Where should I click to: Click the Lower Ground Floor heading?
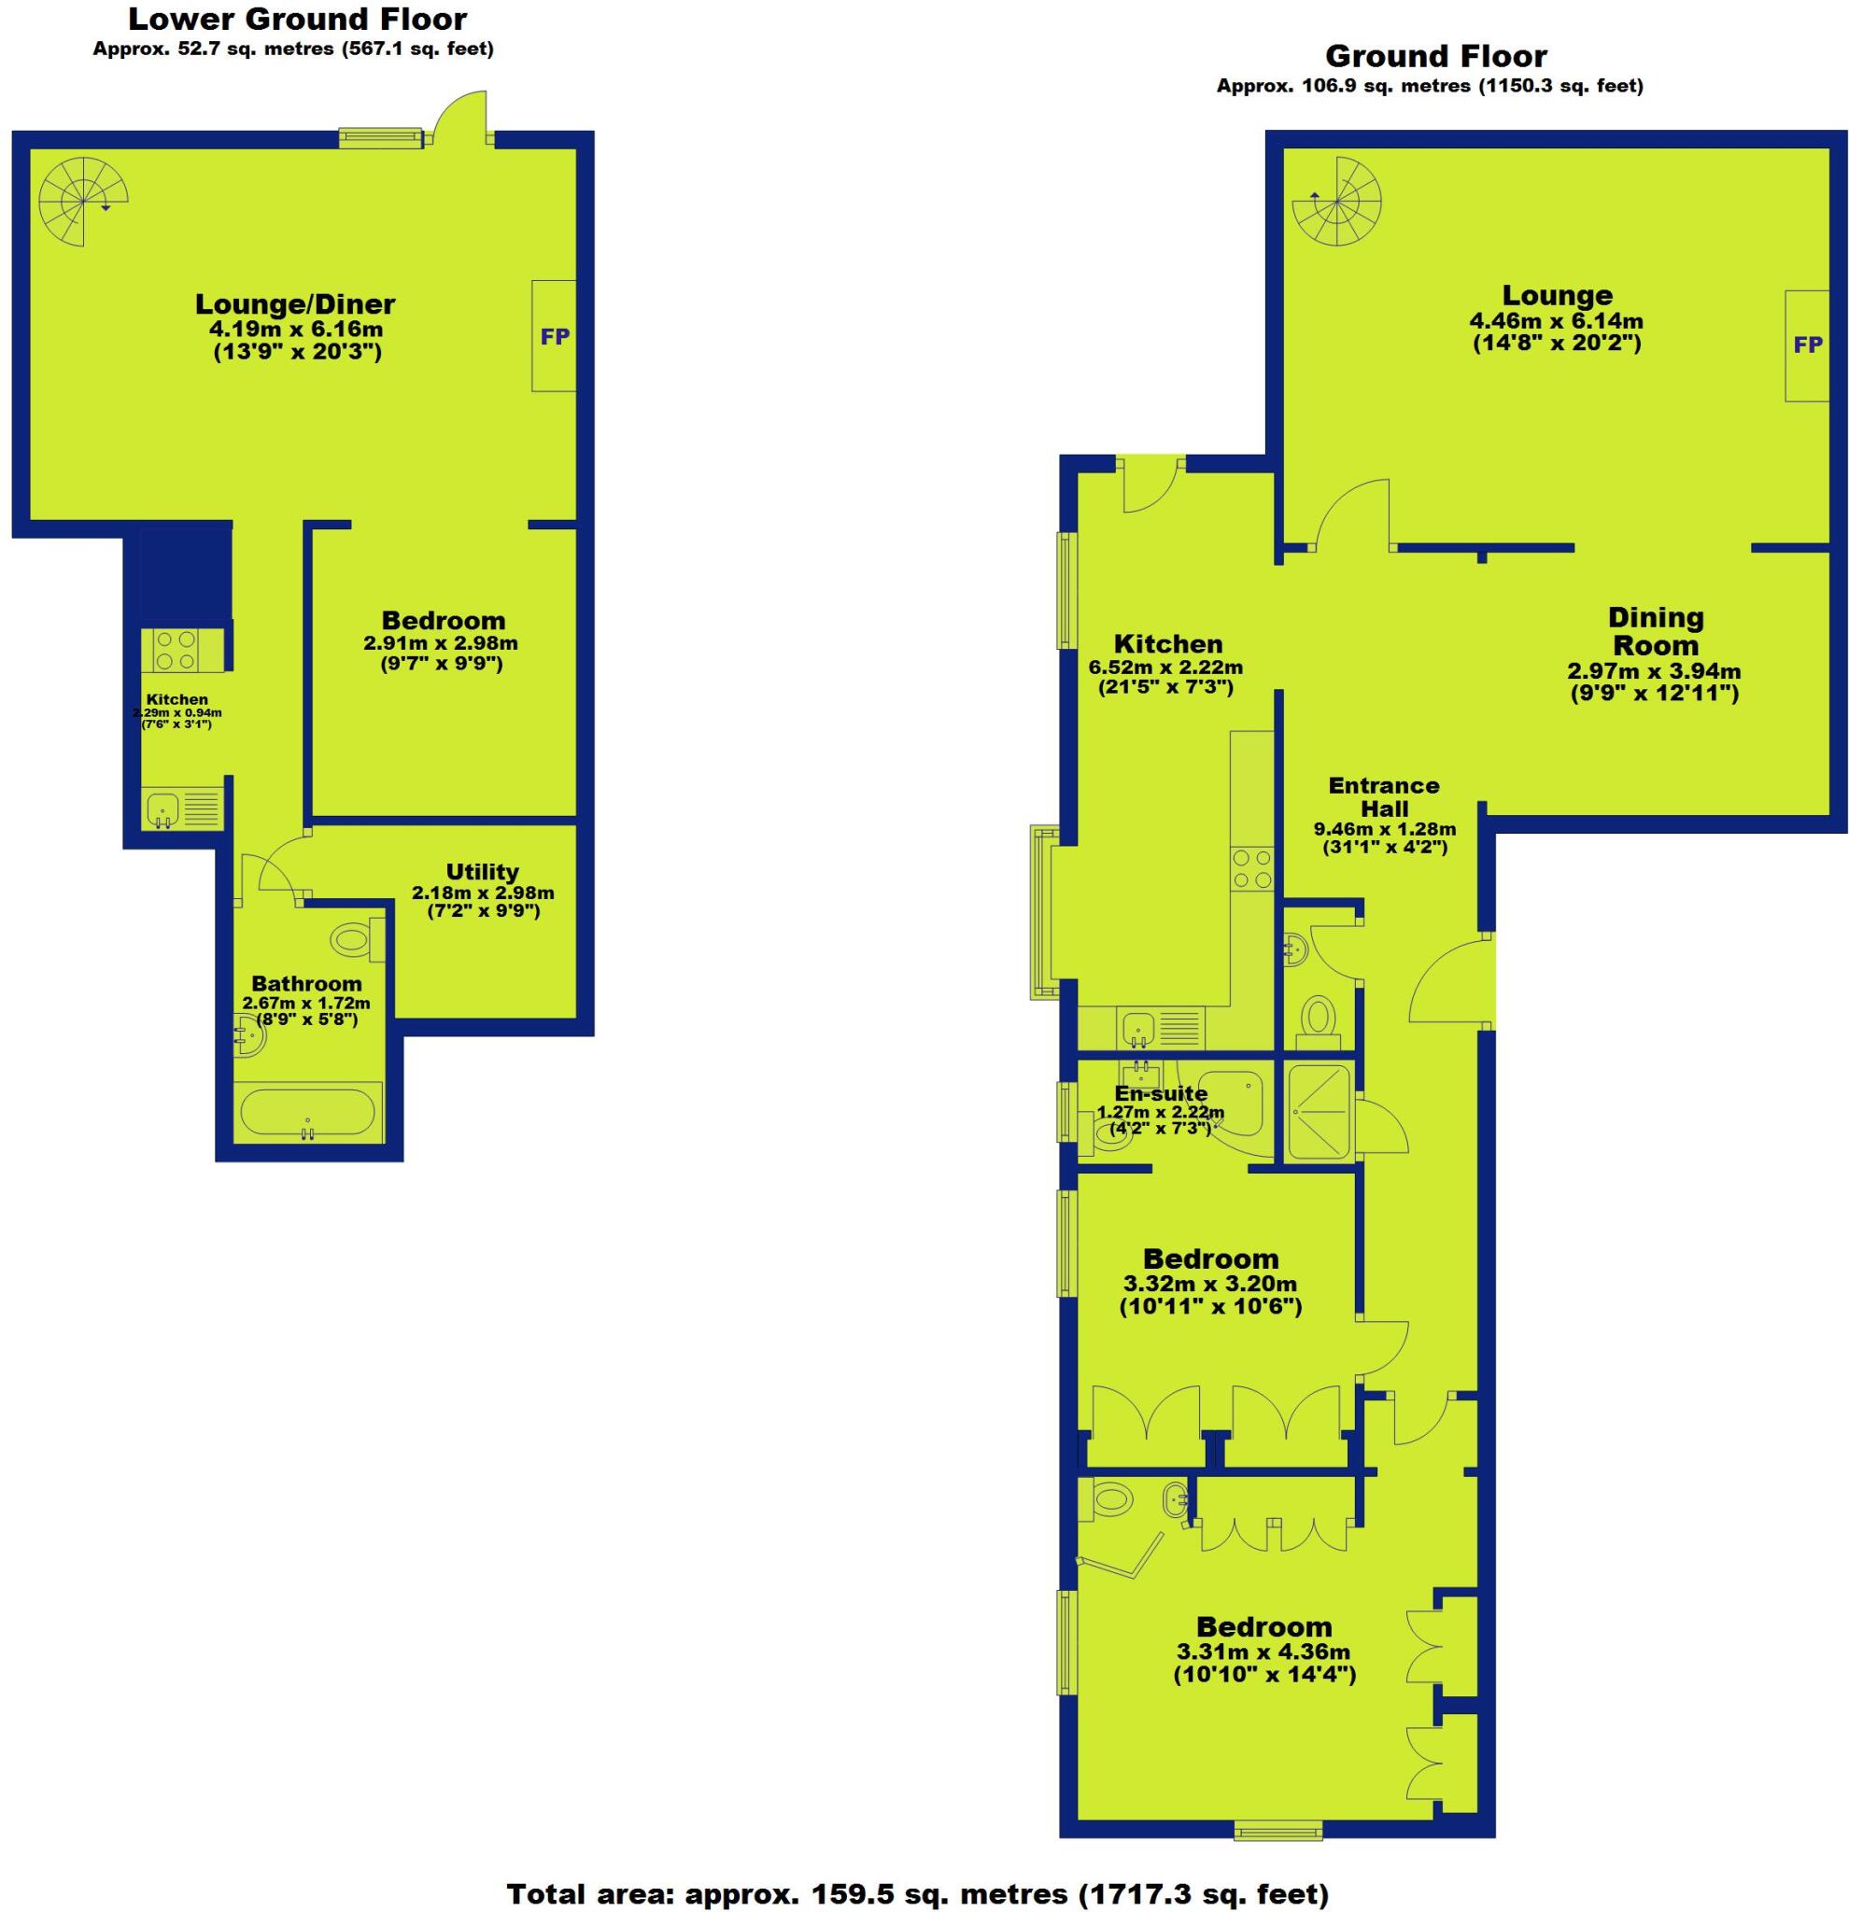(x=298, y=19)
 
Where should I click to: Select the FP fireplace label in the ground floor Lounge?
(x=1807, y=344)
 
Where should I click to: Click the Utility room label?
(x=482, y=871)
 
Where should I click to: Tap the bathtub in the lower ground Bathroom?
(x=307, y=1113)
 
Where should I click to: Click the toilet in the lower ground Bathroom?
(x=355, y=940)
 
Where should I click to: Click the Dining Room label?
(x=1655, y=630)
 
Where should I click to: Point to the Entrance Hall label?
(x=1384, y=796)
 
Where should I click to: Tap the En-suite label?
(x=1160, y=1093)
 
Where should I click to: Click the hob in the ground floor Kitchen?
(x=1253, y=867)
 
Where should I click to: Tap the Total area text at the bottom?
(x=917, y=1893)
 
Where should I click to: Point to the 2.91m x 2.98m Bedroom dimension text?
(x=440, y=643)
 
